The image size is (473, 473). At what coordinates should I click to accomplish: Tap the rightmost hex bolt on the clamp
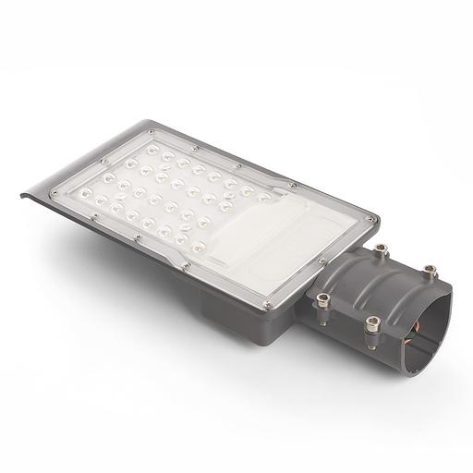coord(430,270)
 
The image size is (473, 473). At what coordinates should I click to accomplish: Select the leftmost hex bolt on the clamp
coord(323,299)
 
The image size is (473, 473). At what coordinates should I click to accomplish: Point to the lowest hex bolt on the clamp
coord(372,323)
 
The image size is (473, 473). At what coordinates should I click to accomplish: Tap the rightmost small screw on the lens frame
coord(372,220)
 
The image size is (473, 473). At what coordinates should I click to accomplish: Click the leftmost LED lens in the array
coord(87,193)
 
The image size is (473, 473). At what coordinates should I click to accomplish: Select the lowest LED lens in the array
coord(197,247)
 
